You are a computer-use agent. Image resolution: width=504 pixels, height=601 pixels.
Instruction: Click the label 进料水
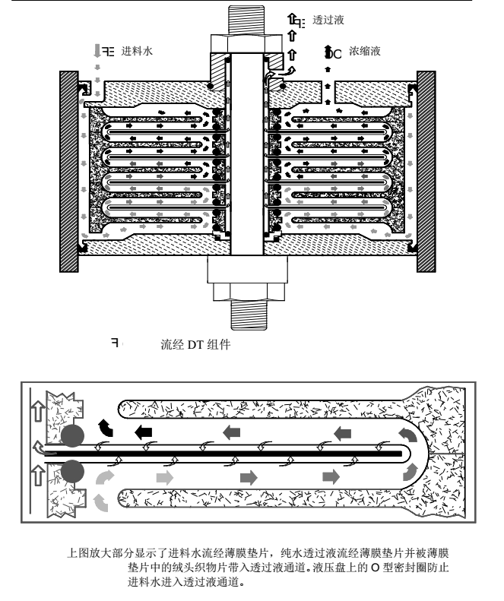(137, 51)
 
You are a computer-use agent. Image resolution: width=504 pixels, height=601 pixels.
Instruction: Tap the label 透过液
(328, 20)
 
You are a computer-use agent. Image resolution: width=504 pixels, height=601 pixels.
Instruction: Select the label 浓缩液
(364, 51)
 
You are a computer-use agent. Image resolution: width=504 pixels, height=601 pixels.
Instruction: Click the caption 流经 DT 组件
(195, 344)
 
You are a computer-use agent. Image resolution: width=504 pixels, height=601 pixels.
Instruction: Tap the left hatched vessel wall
(69, 172)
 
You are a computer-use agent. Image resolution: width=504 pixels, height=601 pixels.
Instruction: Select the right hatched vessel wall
(426, 172)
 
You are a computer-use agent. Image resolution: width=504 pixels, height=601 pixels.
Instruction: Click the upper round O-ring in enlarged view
(72, 435)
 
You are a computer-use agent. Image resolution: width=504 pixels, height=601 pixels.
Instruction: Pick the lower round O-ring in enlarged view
(72, 472)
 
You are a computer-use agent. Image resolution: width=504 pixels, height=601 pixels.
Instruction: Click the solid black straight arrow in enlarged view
(144, 432)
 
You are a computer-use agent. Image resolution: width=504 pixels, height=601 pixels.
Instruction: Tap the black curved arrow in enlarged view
(106, 428)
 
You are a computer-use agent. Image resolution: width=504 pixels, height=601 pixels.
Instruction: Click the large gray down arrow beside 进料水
(97, 51)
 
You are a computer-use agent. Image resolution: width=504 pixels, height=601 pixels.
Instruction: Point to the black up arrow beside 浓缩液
(328, 52)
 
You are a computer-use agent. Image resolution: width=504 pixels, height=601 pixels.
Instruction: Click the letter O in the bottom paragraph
(375, 568)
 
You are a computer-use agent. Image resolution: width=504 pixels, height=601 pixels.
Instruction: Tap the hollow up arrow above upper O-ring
(37, 411)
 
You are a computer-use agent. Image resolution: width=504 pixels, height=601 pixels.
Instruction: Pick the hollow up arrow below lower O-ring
(37, 476)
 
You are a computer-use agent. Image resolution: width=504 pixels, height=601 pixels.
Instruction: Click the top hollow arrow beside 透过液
(292, 18)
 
